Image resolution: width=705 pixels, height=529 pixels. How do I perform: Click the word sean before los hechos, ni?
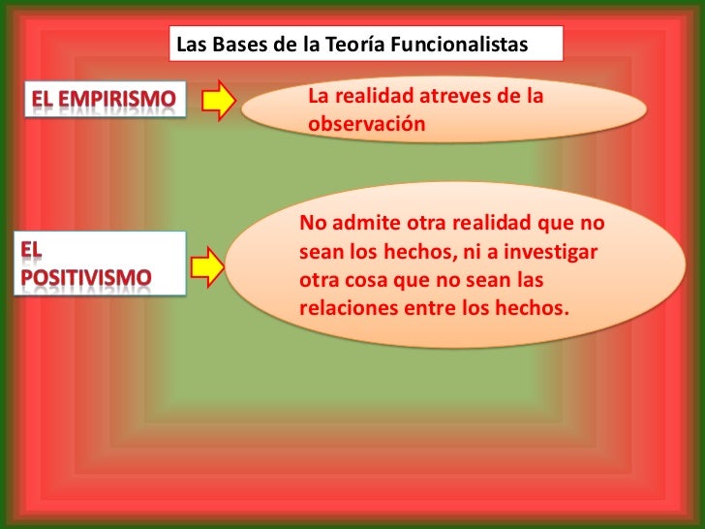[320, 252]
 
